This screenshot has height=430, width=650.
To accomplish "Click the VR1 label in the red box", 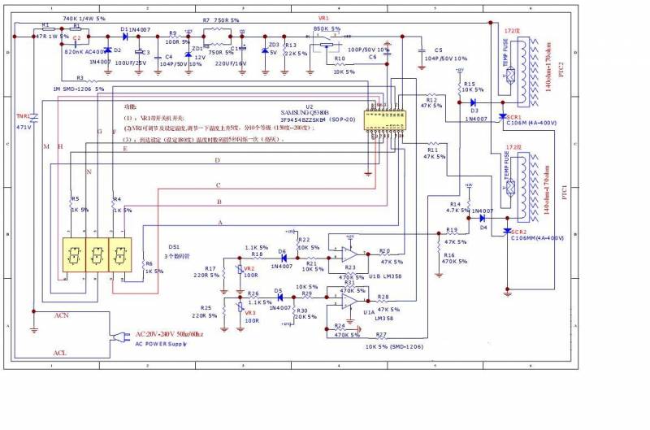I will coord(323,18).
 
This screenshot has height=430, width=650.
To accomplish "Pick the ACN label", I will coord(62,314).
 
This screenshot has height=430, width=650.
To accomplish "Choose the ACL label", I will coord(60,353).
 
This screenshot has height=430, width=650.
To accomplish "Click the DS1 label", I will coord(174,246).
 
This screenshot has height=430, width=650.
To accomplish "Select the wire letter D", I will coord(217,161).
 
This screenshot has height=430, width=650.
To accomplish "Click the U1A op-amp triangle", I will coord(348,301).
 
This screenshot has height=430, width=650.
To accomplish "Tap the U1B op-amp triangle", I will coord(348,251).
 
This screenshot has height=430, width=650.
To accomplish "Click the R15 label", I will coord(469,84).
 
